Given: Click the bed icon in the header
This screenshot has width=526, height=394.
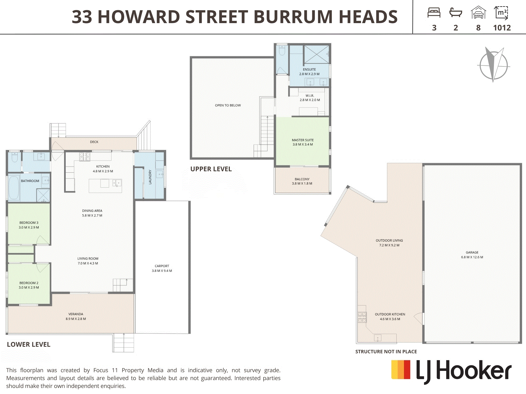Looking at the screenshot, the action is click(434, 13).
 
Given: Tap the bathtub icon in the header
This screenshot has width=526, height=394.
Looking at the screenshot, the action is click(456, 12).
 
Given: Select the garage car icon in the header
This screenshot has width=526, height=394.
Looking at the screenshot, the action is click(478, 13).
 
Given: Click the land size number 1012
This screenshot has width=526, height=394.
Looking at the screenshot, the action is click(502, 28).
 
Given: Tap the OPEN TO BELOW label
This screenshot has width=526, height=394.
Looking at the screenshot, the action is click(228, 105).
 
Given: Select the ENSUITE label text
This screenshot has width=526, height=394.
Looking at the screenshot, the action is click(309, 69).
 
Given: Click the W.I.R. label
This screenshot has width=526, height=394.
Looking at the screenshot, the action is click(310, 96).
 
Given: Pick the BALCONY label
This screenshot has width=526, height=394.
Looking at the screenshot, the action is click(302, 179).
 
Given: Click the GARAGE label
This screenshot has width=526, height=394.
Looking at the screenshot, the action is click(472, 252).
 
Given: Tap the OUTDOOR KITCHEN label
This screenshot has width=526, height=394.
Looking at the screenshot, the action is click(390, 314).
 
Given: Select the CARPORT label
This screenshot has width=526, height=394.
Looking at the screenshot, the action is click(162, 266).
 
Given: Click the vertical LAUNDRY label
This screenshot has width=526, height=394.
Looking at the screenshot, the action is click(150, 177).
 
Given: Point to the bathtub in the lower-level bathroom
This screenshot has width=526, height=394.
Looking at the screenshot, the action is click(14, 188).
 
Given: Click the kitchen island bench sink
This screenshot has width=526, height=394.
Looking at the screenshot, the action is click(117, 183).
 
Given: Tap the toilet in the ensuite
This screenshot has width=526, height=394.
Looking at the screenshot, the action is click(282, 50).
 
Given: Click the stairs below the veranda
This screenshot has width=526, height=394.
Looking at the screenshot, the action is click(124, 343).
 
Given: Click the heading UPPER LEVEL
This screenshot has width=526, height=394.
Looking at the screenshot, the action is click(211, 169).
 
